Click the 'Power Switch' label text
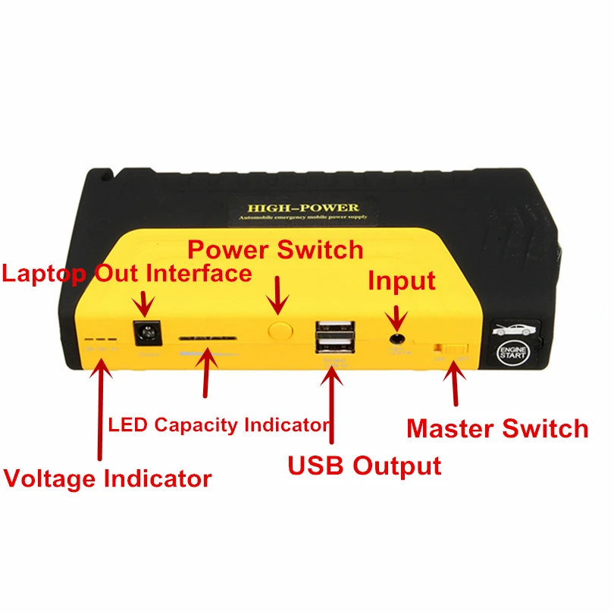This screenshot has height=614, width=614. [x=275, y=249]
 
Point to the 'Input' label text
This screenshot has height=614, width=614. [x=402, y=281]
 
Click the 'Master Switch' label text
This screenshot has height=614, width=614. [x=497, y=428]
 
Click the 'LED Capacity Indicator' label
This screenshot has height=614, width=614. [x=219, y=424]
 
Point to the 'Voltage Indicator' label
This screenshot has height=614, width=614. [x=108, y=478]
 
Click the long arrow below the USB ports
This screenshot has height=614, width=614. [x=332, y=402]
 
